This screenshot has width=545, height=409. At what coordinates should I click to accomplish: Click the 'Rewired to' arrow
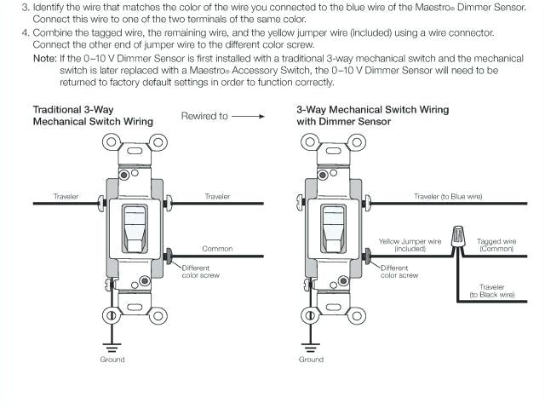pyautogui.click(x=246, y=116)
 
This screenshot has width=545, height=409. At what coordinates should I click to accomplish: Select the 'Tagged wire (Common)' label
pyautogui.click(x=496, y=245)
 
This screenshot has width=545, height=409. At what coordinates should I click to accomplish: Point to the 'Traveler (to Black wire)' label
pyautogui.click(x=492, y=291)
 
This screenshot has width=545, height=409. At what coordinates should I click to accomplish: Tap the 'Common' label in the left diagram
pyautogui.click(x=217, y=249)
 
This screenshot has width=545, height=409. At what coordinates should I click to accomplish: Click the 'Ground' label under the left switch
pyautogui.click(x=112, y=360)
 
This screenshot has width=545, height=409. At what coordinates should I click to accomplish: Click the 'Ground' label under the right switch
pyautogui.click(x=311, y=360)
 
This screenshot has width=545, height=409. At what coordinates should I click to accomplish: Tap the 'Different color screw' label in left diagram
pyautogui.click(x=201, y=272)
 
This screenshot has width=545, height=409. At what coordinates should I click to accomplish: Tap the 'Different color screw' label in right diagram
pyautogui.click(x=399, y=272)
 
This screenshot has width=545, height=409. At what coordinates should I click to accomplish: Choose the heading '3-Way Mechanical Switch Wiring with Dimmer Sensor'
pyautogui.click(x=372, y=116)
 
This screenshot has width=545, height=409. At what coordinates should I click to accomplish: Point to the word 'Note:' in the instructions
pyautogui.click(x=44, y=58)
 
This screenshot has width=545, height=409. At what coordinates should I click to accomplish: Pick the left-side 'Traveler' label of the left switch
pyautogui.click(x=66, y=197)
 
